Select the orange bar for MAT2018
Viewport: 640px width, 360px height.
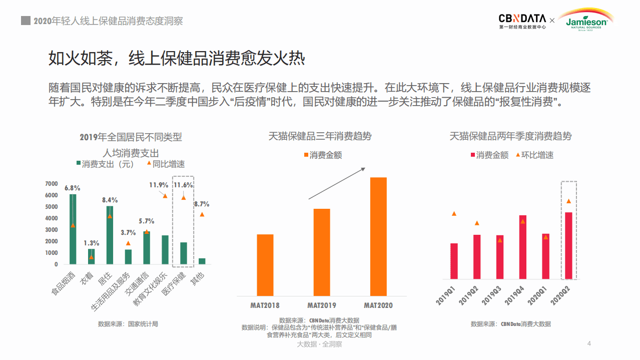click(x=265, y=265)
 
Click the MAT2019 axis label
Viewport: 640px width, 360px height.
click(x=322, y=305)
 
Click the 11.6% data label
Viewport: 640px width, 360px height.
click(x=183, y=185)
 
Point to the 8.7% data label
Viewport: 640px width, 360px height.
click(x=201, y=204)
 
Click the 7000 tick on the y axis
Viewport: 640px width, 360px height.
click(x=51, y=183)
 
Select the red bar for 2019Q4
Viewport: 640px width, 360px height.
click(x=523, y=247)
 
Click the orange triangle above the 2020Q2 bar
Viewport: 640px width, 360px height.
click(x=568, y=201)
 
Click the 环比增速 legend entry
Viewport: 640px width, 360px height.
click(x=533, y=155)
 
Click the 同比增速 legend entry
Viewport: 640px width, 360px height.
click(x=166, y=164)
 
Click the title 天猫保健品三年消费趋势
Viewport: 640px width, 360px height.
click(x=320, y=136)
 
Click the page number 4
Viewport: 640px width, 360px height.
click(x=589, y=343)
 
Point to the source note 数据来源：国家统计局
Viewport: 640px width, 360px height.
click(x=128, y=324)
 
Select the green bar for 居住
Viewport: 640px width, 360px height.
click(x=110, y=235)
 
